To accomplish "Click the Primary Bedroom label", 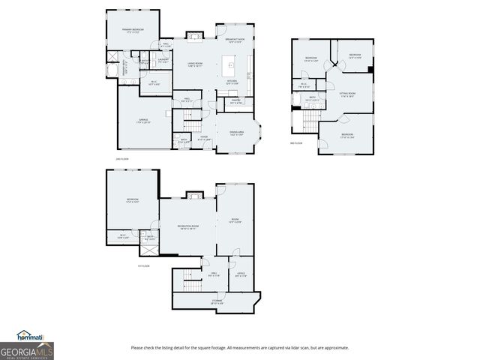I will (133, 31).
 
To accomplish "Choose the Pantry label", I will (235, 100).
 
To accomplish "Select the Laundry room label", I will (162, 61).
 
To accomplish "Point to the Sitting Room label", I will (347, 95).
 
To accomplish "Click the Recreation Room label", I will (187, 226).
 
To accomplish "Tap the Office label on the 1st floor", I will (241, 274).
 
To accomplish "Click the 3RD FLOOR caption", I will (297, 143).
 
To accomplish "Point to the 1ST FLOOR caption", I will (143, 265).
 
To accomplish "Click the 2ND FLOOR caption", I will (123, 160).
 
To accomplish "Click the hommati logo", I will (31, 335).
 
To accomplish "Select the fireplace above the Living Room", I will (194, 34).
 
